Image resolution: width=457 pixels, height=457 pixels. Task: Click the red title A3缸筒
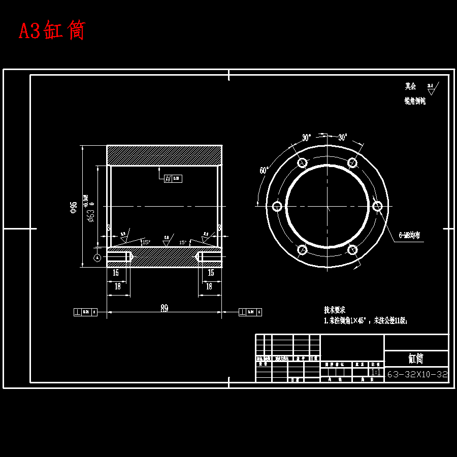pyautogui.click(x=52, y=30)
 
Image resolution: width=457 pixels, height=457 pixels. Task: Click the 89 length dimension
pyautogui.click(x=165, y=307)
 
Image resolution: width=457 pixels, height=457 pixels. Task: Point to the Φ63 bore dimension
pyautogui.click(x=91, y=216)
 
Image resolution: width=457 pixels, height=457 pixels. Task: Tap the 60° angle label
pyautogui.click(x=264, y=171)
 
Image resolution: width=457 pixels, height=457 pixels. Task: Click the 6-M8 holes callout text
pyautogui.click(x=409, y=236)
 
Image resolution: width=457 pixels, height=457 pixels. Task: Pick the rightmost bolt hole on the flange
pyautogui.click(x=377, y=206)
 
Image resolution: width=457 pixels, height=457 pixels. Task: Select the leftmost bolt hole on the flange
pyautogui.click(x=277, y=206)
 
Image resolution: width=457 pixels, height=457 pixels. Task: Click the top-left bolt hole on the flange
pyautogui.click(x=302, y=162)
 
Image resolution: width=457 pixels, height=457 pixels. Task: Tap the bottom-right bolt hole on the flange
pyautogui.click(x=352, y=249)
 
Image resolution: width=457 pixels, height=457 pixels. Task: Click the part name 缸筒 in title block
pyautogui.click(x=416, y=358)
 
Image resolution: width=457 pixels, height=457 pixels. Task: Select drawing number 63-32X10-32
pyautogui.click(x=417, y=375)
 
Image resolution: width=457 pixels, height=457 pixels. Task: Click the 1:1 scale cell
pyautogui.click(x=376, y=372)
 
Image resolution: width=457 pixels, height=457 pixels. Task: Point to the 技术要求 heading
pyautogui.click(x=335, y=310)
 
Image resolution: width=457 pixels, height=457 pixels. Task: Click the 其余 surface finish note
pyautogui.click(x=410, y=86)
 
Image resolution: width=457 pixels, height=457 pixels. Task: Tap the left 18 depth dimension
pyautogui.click(x=118, y=286)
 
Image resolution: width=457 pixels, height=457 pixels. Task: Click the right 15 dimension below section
pyautogui.click(x=211, y=273)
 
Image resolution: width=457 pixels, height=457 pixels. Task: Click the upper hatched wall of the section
pyautogui.click(x=165, y=155)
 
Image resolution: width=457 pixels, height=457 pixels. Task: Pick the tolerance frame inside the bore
pyautogui.click(x=173, y=178)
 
